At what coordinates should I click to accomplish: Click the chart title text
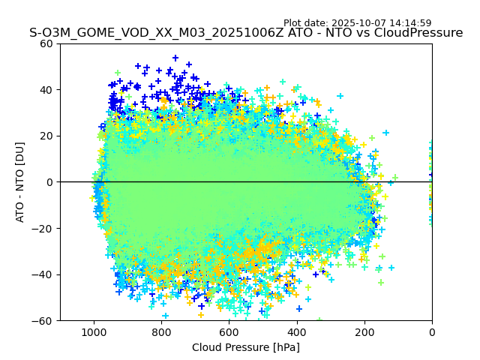pyautogui.click(x=246, y=33)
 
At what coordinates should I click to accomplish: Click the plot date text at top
pyautogui.click(x=357, y=23)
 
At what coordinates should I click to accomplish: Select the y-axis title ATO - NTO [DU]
pyautogui.click(x=20, y=182)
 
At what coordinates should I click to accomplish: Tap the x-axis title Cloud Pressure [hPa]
pyautogui.click(x=246, y=347)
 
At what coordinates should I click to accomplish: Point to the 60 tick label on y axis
pyautogui.click(x=46, y=43)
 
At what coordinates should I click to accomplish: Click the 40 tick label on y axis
pyautogui.click(x=46, y=90)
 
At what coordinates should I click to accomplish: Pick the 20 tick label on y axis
pyautogui.click(x=46, y=136)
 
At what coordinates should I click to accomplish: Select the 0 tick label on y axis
pyautogui.click(x=49, y=182)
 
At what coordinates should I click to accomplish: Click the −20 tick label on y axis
pyautogui.click(x=43, y=228)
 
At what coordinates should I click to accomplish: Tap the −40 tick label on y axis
pyautogui.click(x=43, y=274)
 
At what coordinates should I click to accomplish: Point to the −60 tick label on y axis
pyautogui.click(x=43, y=320)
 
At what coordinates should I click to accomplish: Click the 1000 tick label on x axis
pyautogui.click(x=94, y=331)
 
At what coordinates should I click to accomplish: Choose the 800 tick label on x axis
pyautogui.click(x=161, y=331)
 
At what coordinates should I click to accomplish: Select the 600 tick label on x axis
pyautogui.click(x=229, y=331)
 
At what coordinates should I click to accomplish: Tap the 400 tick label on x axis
pyautogui.click(x=296, y=331)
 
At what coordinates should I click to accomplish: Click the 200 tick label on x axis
pyautogui.click(x=364, y=331)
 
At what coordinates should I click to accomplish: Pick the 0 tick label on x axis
pyautogui.click(x=432, y=331)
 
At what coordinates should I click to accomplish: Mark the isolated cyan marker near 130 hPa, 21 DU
pyautogui.click(x=386, y=133)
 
